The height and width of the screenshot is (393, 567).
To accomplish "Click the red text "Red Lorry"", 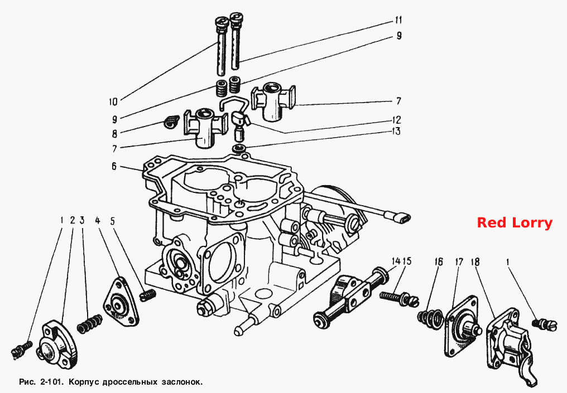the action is point(515,223).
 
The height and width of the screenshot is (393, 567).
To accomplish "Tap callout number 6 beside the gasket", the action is point(114,167).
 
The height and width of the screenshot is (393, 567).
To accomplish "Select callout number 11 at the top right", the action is point(398,20).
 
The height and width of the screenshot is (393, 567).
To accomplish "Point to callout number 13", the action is point(396,131).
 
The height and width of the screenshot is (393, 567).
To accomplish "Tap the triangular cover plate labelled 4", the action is point(121,302).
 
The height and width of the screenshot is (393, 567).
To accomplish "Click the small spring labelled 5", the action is point(147,295).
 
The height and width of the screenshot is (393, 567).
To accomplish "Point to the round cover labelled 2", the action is point(57,341).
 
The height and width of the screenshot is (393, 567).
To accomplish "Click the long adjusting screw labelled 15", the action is point(399,298).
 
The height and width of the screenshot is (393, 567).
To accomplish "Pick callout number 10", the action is point(113,101).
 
